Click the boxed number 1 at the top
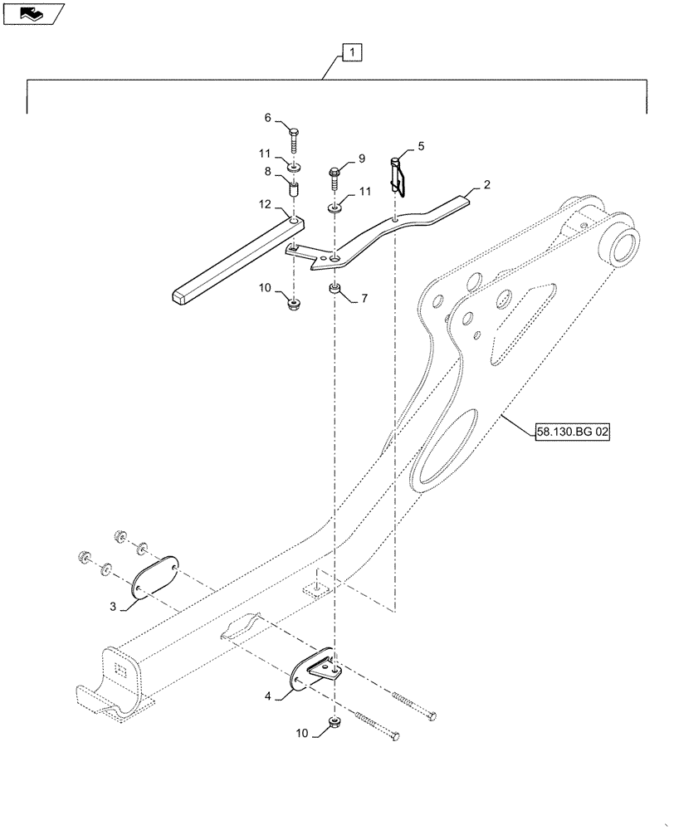(352, 54)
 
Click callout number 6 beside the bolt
(268, 119)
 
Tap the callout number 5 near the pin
(421, 145)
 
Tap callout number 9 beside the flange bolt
(361, 158)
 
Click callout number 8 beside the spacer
(268, 172)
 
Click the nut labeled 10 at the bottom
(334, 724)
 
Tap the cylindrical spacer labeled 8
(293, 188)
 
